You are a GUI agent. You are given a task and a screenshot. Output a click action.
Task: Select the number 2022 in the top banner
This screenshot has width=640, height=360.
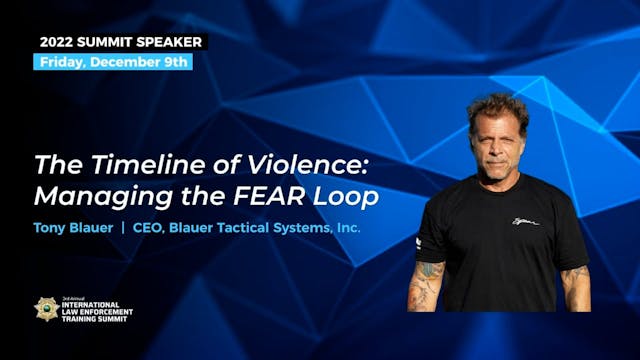point(59,42)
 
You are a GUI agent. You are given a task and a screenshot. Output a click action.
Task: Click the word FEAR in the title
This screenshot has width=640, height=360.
point(282,196)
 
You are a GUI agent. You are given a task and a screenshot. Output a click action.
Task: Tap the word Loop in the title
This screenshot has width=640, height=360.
point(349,196)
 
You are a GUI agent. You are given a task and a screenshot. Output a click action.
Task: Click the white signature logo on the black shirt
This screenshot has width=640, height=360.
point(524,221)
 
